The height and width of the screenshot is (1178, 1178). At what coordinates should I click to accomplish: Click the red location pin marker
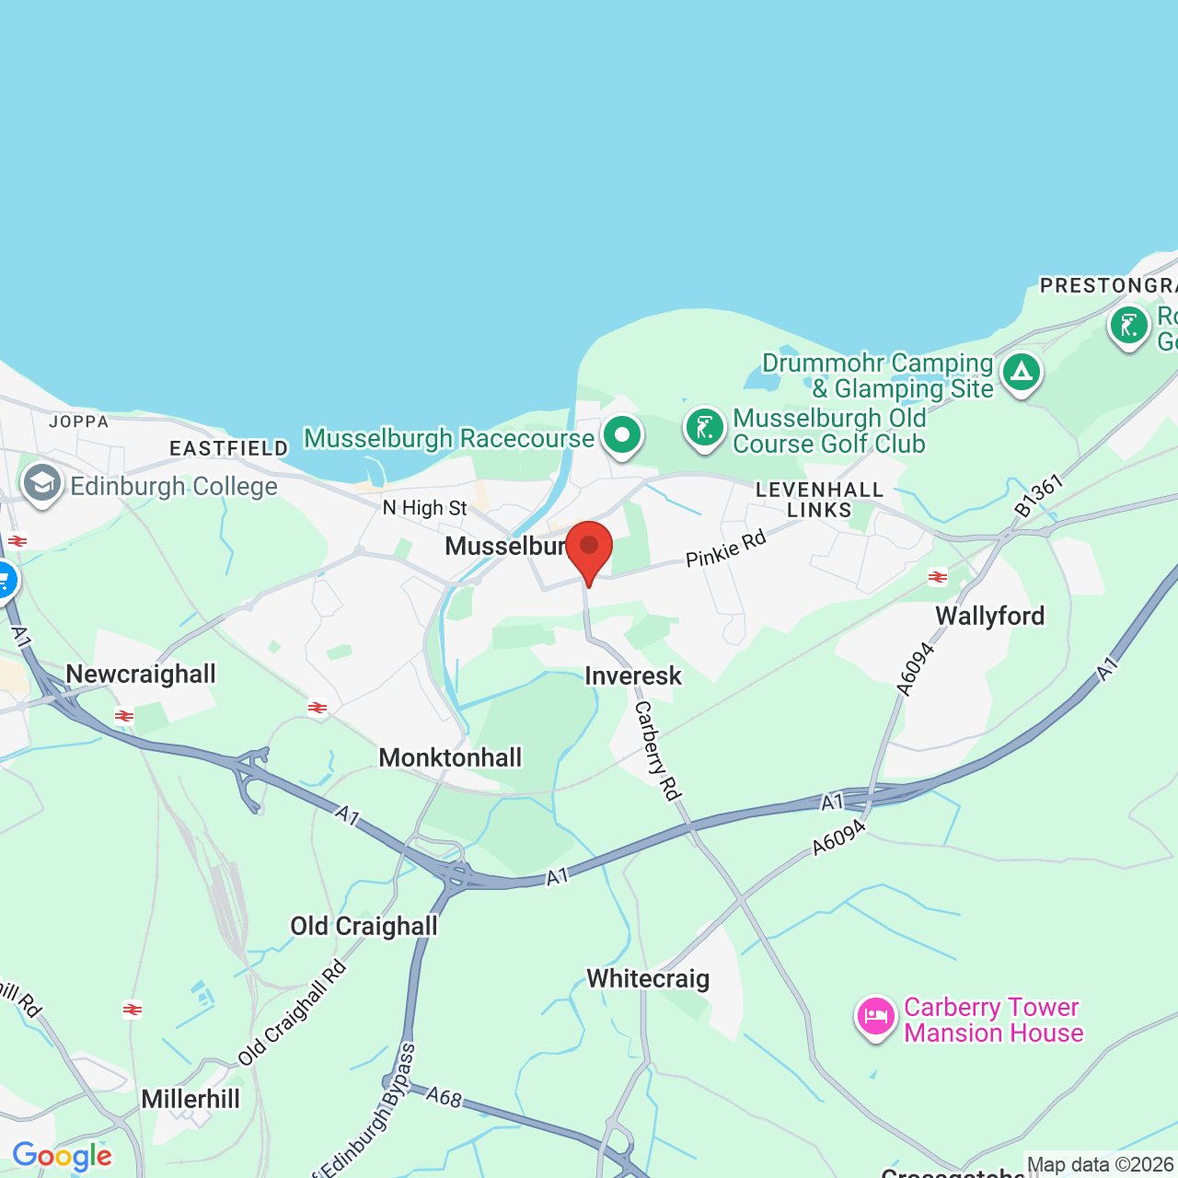589,549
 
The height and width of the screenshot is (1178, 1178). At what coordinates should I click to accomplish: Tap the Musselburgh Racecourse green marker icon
622,433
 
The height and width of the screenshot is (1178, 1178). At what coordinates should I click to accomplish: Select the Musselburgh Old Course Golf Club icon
705,428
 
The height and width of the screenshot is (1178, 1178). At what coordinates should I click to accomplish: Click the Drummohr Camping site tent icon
1021,373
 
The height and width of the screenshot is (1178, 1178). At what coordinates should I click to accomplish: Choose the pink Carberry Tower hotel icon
876,1017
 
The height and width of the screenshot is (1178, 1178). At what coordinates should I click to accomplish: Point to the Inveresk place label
633,676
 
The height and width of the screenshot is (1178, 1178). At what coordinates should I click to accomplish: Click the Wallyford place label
990,616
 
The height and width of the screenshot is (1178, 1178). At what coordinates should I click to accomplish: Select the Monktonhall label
450,757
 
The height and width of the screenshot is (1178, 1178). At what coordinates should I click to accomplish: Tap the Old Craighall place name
364,926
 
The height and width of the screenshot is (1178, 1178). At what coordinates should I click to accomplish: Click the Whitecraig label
648,978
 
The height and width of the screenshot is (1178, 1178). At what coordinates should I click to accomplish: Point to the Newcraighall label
141,674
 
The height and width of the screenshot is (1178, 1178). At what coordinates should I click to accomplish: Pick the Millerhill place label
191,1099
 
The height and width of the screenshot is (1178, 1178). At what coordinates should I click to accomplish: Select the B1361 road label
1039,495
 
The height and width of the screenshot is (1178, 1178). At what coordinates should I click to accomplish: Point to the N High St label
425,508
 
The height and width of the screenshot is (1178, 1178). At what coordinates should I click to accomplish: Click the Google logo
63,1156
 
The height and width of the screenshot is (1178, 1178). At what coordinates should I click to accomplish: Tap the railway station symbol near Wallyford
938,577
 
